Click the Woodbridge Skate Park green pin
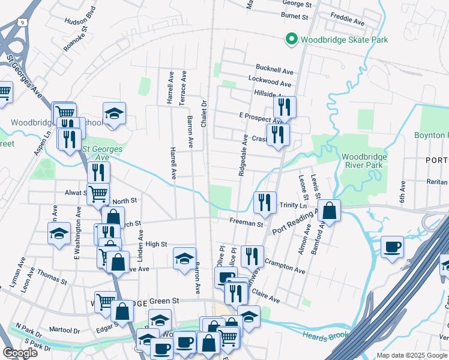(x=291, y=40)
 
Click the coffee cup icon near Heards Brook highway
(x=392, y=247)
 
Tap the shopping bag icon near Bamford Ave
(x=329, y=211)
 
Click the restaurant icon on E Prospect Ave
(x=284, y=107)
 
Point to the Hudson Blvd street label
(x=80, y=20)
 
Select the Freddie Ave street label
(x=349, y=22)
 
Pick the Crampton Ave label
(x=285, y=268)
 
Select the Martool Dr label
(x=65, y=330)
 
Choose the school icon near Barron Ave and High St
(x=185, y=259)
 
